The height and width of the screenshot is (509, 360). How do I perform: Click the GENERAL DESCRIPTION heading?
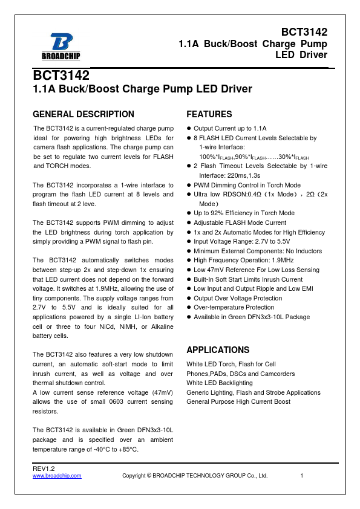(83, 114)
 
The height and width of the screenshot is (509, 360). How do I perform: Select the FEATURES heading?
(209, 114)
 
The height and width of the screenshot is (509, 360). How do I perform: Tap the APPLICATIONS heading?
(218, 350)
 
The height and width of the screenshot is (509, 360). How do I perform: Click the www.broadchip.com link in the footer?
(57, 476)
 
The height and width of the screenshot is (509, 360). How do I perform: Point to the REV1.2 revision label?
(44, 468)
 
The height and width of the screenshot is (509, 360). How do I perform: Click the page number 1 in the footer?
(301, 476)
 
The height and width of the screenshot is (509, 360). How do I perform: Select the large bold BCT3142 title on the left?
(61, 76)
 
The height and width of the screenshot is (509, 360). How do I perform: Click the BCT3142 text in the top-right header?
(304, 32)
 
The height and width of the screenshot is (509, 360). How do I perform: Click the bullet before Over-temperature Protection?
(189, 308)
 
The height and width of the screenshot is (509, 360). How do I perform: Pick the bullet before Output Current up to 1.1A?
(189, 129)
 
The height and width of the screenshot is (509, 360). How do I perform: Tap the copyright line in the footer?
(195, 476)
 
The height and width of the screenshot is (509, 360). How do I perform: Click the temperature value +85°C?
(126, 449)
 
